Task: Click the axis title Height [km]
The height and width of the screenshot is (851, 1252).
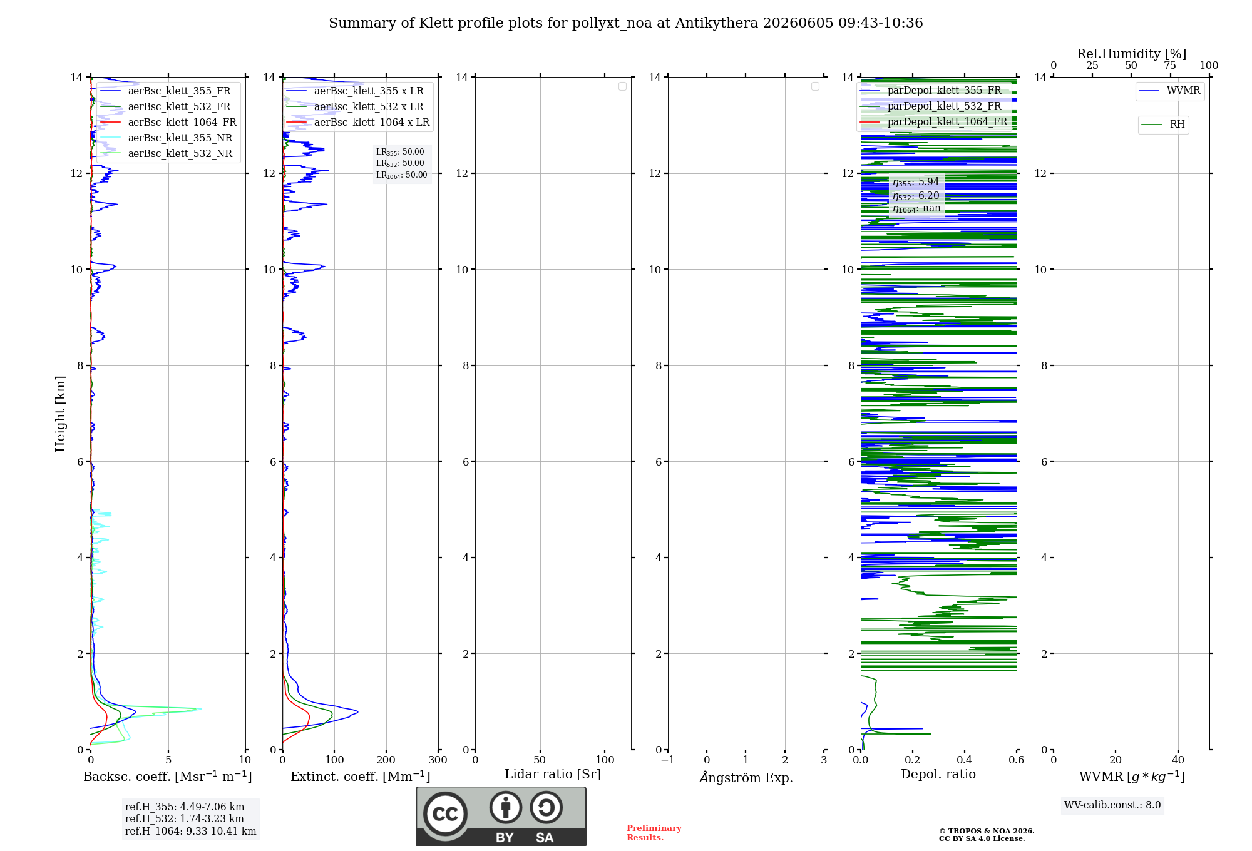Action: tap(60, 414)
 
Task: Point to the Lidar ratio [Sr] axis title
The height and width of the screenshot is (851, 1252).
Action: tap(553, 775)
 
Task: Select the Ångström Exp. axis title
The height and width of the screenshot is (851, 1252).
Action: tap(746, 777)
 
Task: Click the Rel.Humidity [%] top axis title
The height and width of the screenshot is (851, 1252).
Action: tap(1132, 54)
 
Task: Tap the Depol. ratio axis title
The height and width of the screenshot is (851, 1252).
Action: tap(938, 774)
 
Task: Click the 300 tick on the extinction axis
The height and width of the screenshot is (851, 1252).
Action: tap(438, 760)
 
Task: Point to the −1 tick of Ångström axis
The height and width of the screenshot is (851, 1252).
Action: tap(668, 760)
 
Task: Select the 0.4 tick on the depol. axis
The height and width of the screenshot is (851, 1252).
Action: tap(965, 760)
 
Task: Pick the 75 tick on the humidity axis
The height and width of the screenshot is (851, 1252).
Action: tap(1170, 65)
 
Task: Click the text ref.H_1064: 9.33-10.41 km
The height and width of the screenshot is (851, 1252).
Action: tap(191, 832)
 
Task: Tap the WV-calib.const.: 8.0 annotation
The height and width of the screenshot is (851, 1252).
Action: tap(1112, 805)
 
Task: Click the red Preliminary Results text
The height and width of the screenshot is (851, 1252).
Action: tap(654, 833)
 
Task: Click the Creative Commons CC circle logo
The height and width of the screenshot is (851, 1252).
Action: tap(445, 813)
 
